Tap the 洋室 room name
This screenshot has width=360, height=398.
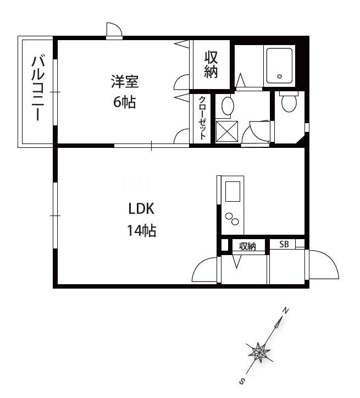click(125, 81)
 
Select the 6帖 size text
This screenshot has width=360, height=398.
click(125, 102)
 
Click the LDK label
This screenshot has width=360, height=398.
click(141, 209)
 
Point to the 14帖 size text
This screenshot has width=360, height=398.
click(142, 230)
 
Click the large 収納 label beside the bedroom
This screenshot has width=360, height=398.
click(211, 64)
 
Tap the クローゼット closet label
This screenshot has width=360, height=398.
click(202, 118)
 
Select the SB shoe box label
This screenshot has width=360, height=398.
click(284, 244)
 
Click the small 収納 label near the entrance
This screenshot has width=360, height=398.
click(248, 246)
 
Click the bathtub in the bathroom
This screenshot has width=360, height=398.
click(279, 66)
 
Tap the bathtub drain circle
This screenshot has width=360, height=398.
click(280, 76)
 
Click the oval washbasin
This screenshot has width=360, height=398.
click(228, 106)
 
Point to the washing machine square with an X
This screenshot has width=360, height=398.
click(227, 131)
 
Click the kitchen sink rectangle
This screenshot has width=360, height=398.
click(232, 191)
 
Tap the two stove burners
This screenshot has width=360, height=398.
click(232, 219)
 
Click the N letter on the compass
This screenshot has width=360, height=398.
click(286, 311)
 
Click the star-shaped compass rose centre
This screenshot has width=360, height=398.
click(259, 352)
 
